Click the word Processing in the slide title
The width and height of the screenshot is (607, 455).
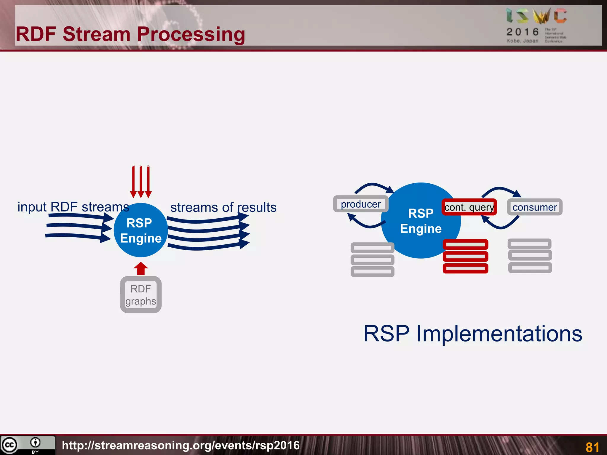(x=191, y=34)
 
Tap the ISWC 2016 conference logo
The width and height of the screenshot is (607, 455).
(x=536, y=25)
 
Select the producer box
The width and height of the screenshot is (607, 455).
(x=361, y=204)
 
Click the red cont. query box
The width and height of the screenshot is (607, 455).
(x=469, y=207)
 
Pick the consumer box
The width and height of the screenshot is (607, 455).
(x=535, y=207)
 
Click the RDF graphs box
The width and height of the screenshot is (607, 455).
(x=141, y=295)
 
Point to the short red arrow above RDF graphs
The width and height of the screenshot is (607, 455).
(x=141, y=268)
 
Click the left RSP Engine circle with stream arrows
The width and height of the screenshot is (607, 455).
(x=141, y=230)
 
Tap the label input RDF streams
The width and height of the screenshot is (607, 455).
(x=73, y=207)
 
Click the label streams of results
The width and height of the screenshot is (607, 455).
(x=223, y=207)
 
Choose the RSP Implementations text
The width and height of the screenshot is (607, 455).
(x=473, y=334)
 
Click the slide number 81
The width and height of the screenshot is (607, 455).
(x=592, y=447)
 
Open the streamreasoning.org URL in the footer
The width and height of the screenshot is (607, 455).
(x=181, y=445)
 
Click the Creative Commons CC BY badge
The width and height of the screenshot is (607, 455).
(x=28, y=445)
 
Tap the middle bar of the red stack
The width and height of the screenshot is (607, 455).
(x=465, y=256)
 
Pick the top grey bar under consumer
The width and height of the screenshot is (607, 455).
(x=530, y=244)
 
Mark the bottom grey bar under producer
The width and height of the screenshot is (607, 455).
(x=372, y=271)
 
